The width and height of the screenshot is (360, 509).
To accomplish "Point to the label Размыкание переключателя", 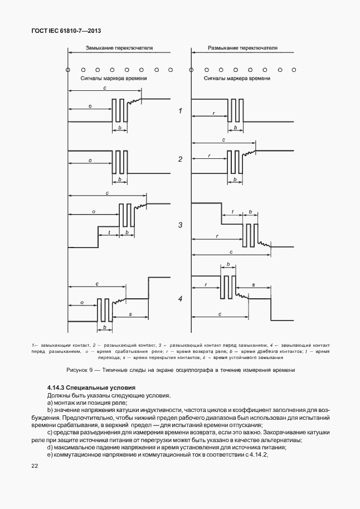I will click(242, 49).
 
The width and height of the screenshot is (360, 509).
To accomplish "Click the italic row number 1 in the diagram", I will click(180, 112).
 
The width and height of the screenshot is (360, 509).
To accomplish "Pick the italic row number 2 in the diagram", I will click(180, 159).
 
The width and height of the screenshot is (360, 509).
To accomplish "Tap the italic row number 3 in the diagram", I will click(180, 225).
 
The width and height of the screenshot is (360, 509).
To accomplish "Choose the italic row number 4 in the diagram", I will click(180, 299).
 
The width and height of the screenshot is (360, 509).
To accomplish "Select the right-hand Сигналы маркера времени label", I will click(240, 79).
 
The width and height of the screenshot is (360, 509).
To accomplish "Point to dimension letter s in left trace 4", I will click(130, 314).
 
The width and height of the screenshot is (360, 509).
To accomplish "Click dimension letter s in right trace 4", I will click(253, 284).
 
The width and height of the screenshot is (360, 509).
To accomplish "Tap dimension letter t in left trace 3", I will click(109, 232).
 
